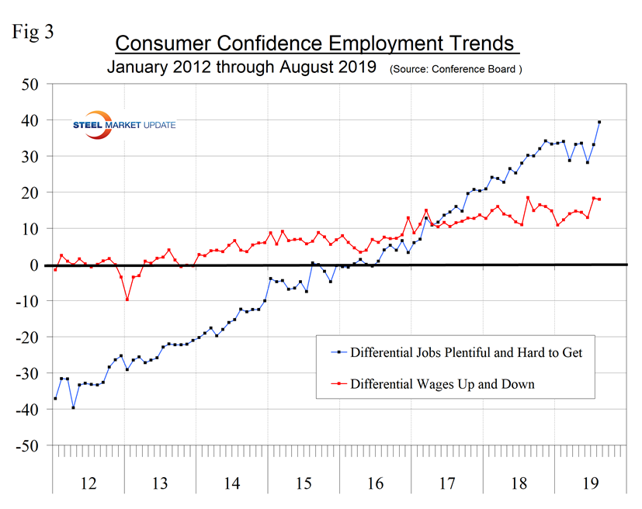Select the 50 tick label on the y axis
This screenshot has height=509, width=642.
tap(29, 84)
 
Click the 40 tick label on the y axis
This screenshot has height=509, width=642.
tap(29, 120)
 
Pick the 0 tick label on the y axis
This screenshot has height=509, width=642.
tap(35, 265)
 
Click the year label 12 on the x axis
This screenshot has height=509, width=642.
tap(88, 483)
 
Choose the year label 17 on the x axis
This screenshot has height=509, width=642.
tap(447, 483)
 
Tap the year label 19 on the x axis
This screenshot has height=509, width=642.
tap(591, 483)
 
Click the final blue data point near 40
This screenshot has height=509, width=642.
tap(599, 122)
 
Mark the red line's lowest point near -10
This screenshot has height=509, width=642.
tap(127, 299)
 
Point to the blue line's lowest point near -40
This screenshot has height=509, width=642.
tap(73, 407)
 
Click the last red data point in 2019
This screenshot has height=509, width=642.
tap(599, 199)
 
